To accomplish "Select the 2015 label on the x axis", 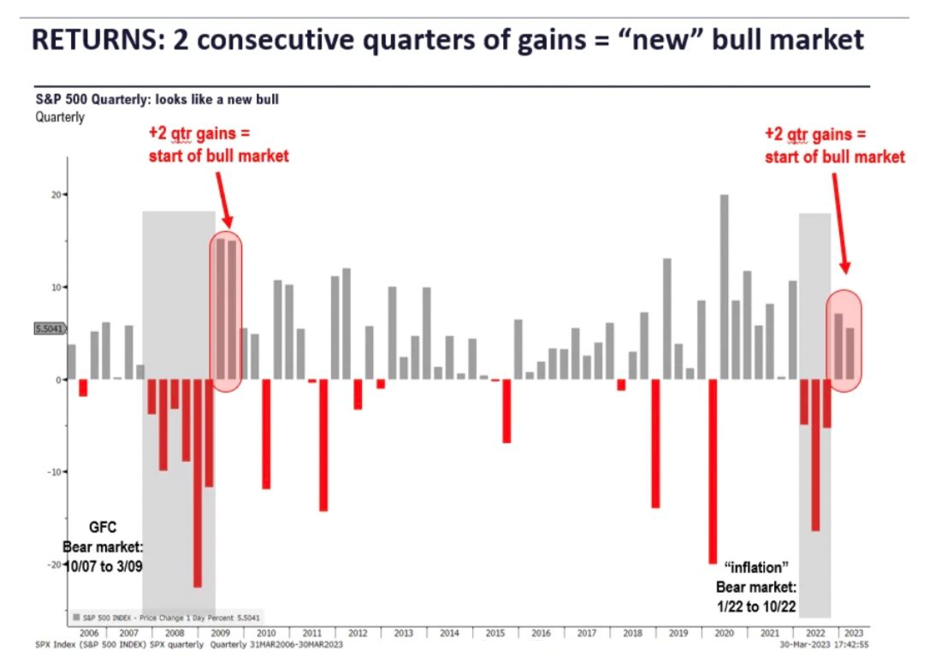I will [x=494, y=633].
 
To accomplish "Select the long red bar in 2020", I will [x=713, y=471].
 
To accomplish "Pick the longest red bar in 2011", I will [x=323, y=445].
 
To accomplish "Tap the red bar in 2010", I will [x=266, y=434].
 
